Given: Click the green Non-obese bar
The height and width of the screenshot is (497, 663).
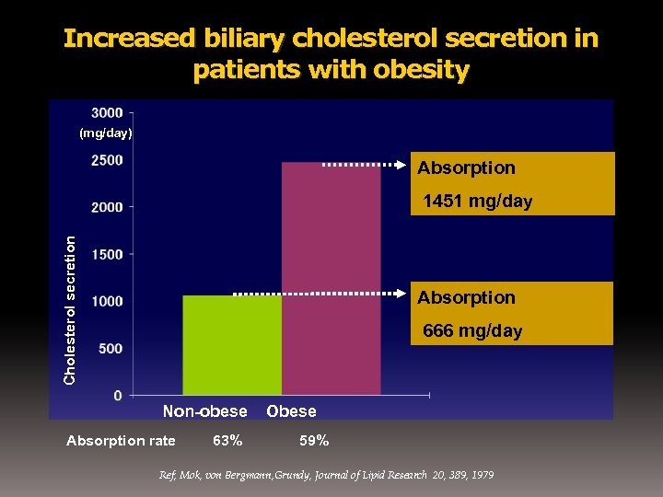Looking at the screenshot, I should click(232, 345).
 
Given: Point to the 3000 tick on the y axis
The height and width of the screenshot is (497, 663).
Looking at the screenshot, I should click(108, 112).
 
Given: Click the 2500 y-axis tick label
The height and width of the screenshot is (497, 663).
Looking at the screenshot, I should click(108, 160).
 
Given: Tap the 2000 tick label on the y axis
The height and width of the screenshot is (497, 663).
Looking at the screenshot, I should click(108, 207).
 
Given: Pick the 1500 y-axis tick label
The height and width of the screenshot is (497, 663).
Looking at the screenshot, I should click(108, 254).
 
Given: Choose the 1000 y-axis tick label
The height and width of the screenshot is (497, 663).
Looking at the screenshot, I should click(108, 301).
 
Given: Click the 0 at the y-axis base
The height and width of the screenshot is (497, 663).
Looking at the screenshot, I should click(118, 396).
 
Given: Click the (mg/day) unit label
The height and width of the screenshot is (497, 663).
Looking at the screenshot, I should click(106, 133).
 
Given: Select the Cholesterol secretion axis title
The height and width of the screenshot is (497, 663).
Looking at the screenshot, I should click(70, 308).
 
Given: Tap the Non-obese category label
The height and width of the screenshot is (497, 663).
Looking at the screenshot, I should click(205, 411).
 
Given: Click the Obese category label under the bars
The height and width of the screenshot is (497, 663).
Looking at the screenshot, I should click(291, 411).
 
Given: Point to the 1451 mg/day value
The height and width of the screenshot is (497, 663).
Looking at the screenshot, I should click(477, 202).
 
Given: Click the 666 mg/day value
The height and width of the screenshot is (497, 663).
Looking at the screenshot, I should click(472, 331).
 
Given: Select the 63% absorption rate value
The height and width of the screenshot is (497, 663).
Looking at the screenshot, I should click(227, 441).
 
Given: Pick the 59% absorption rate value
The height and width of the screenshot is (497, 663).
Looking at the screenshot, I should click(314, 441).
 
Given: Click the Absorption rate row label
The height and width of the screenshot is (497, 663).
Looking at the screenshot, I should click(121, 441).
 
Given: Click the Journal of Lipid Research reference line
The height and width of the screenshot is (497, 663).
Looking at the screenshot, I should click(327, 475).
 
